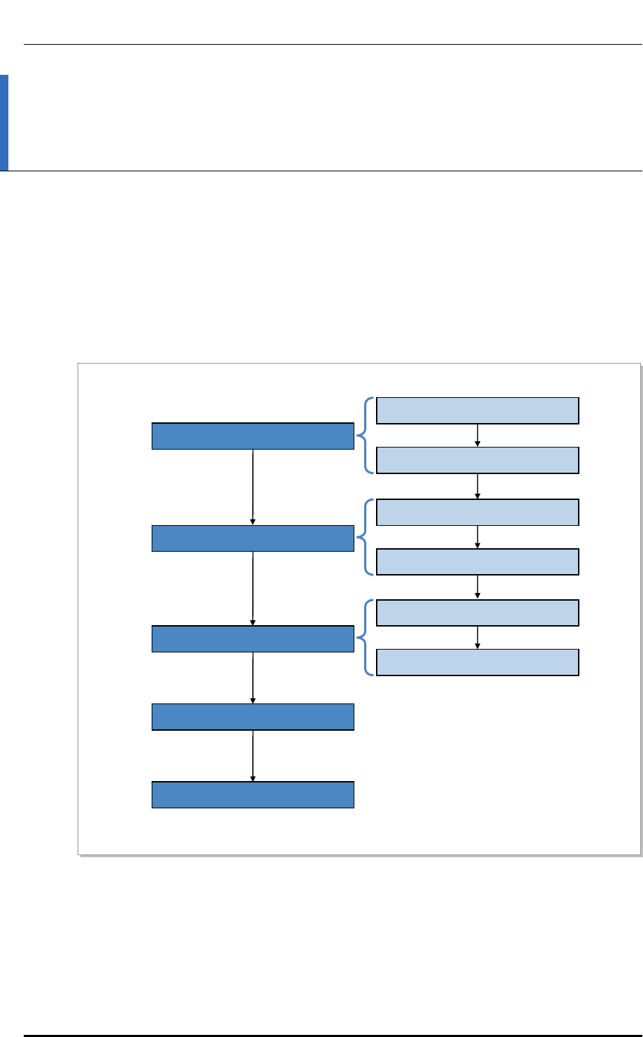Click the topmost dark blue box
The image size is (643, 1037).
tap(253, 436)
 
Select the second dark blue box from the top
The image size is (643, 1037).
tap(253, 538)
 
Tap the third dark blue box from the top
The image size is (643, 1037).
tap(253, 638)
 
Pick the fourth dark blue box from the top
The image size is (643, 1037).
tap(253, 717)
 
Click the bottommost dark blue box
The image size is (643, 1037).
tap(253, 795)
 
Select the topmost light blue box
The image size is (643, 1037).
tap(477, 410)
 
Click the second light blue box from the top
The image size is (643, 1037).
tap(477, 460)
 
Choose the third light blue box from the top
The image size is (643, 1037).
tap(477, 512)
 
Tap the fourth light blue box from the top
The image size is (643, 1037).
tap(477, 562)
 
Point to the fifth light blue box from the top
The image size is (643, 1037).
tap(477, 612)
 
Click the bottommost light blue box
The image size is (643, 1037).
tap(477, 661)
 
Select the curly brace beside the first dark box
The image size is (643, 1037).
tap(365, 436)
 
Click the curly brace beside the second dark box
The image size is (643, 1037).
tap(365, 537)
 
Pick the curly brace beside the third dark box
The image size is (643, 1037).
tap(365, 637)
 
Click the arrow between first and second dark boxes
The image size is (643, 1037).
tap(253, 487)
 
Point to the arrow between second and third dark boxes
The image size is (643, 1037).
tap(253, 588)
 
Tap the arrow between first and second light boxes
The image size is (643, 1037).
tap(477, 435)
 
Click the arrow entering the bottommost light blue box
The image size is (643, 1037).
tap(477, 637)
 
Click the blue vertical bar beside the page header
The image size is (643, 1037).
tap(4, 123)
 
